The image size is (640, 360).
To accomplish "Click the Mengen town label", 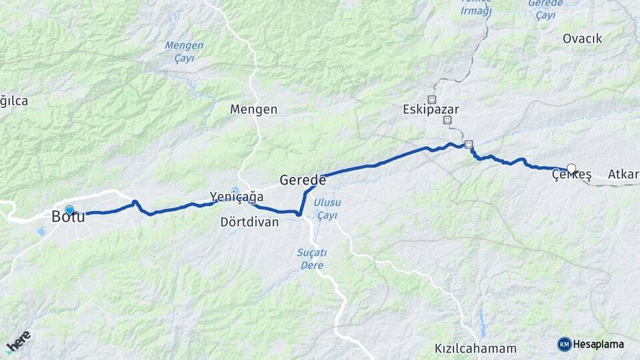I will pos(253,109).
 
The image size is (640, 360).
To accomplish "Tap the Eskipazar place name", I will pos(431,110).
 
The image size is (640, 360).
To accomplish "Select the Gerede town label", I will pos(303,180).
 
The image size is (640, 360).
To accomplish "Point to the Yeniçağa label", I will pos(237,197).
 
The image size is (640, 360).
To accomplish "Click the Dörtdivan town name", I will pos(249,222).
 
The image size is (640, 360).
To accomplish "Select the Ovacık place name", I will pos(582,39).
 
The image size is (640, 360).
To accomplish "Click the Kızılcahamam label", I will pos(475,348).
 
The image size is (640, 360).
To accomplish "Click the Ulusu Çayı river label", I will pos(327,208).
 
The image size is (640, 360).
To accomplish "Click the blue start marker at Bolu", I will pos(69,210).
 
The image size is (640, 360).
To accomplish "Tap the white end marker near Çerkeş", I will pos(571,169).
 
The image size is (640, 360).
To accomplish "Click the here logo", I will pos(18,341).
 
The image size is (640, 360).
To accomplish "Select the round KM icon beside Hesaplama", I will pos(564,344).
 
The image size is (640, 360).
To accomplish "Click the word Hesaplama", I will pos(598,345).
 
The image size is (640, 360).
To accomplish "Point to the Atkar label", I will pos(623,175).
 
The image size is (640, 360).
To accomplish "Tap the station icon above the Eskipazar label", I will pos(431,99).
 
